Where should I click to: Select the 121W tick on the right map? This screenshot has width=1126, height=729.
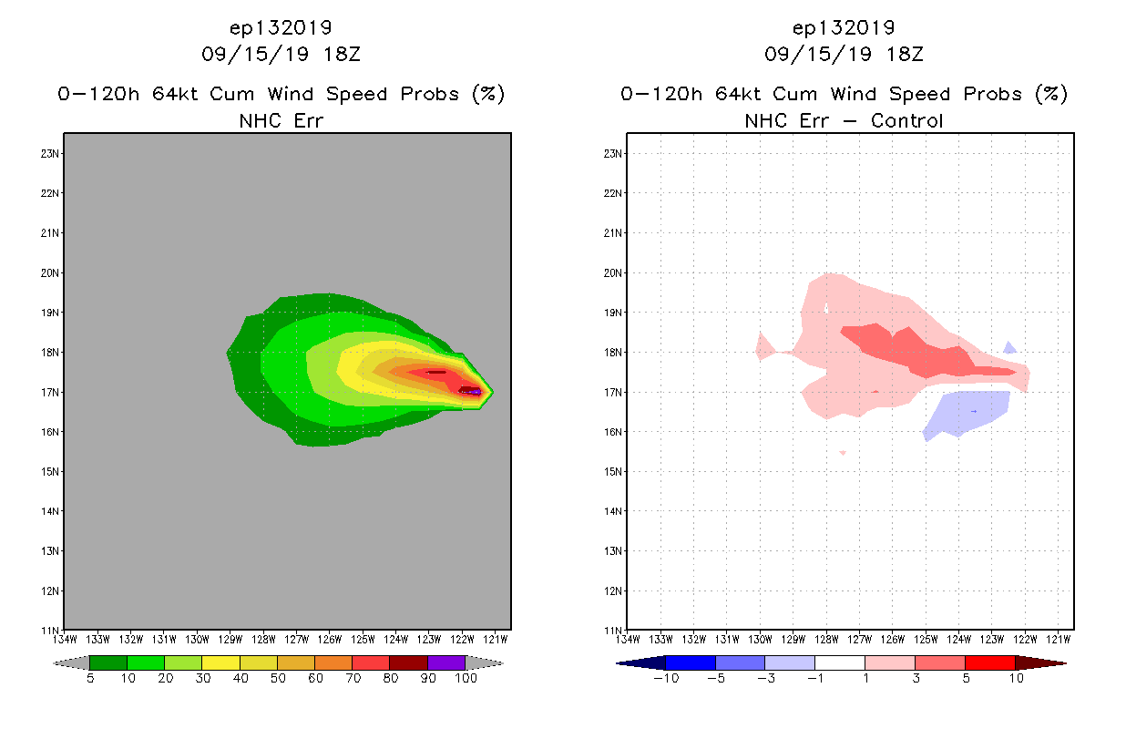pyautogui.click(x=1059, y=639)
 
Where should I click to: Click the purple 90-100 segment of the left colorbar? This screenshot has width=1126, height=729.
pyautogui.click(x=446, y=662)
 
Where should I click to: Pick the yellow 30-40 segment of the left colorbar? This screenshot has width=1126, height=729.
pyautogui.click(x=220, y=662)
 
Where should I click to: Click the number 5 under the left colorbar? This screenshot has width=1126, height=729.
pyautogui.click(x=90, y=678)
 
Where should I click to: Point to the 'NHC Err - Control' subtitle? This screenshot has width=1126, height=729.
pyautogui.click(x=844, y=120)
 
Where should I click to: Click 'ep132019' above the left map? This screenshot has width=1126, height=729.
pyautogui.click(x=281, y=27)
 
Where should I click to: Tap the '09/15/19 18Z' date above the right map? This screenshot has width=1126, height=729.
pyautogui.click(x=844, y=54)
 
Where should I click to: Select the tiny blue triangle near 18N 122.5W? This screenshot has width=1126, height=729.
pyautogui.click(x=1009, y=347)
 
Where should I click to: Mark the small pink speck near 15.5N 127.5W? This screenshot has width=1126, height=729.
pyautogui.click(x=843, y=452)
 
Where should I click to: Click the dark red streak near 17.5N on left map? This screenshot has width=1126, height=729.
pyautogui.click(x=436, y=372)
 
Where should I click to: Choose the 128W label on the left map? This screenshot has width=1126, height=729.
pyautogui.click(x=264, y=639)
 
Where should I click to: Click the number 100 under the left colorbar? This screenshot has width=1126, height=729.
pyautogui.click(x=466, y=678)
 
